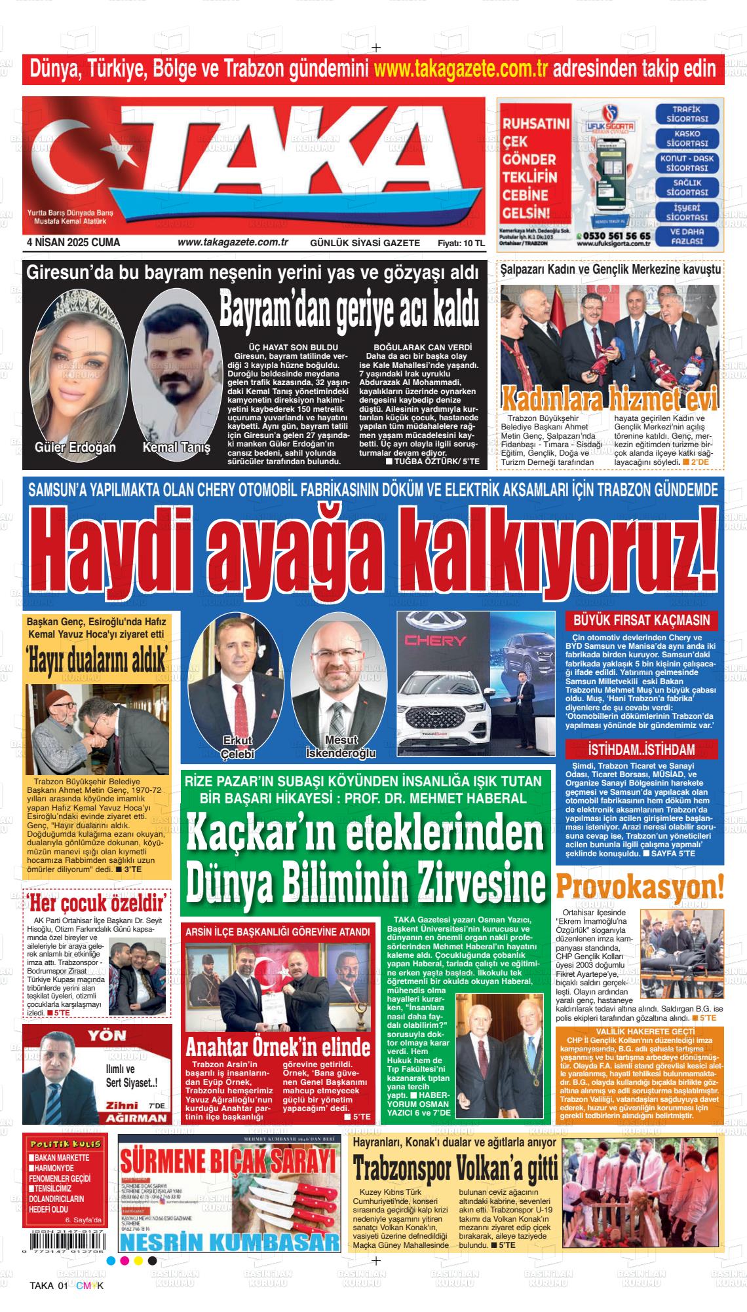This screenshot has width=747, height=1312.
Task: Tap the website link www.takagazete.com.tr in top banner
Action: pos(463,68)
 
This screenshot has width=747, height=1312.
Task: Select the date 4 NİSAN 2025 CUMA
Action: pos(73,242)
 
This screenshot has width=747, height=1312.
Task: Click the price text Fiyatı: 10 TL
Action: pos(461,243)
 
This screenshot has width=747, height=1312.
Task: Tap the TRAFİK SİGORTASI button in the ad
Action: pos(687,114)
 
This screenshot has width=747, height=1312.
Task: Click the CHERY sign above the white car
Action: pos(435,640)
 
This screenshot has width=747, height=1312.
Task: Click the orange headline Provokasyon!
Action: pos(640,888)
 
